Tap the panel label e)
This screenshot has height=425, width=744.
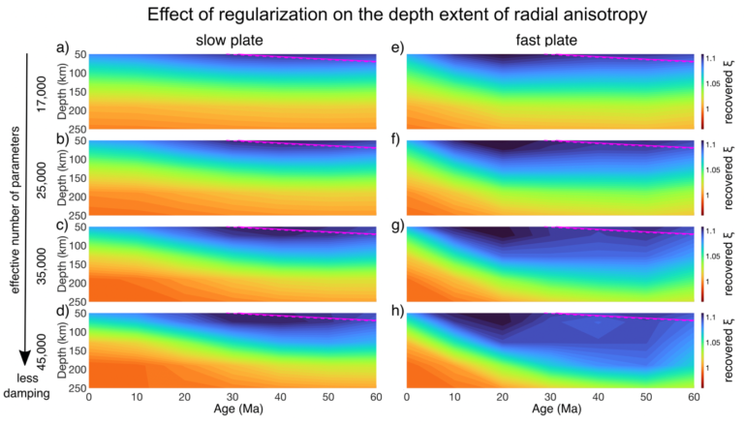(397, 47)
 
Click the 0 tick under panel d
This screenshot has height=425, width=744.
(89, 397)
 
